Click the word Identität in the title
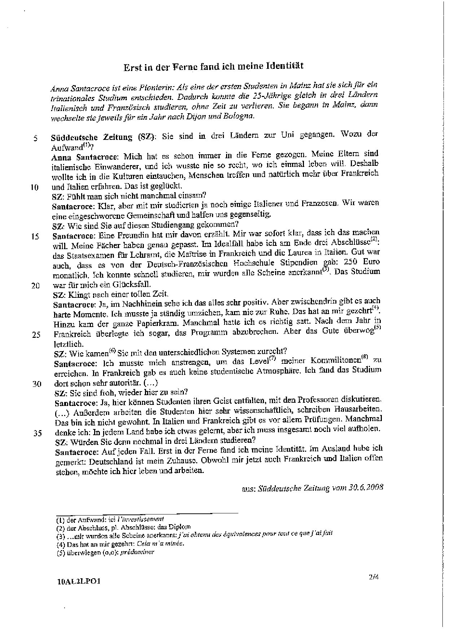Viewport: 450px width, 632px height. pos(284,66)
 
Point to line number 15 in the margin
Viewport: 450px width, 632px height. pos(35,237)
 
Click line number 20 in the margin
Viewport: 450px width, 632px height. pos(35,286)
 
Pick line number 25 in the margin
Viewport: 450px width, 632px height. pos(36,335)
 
